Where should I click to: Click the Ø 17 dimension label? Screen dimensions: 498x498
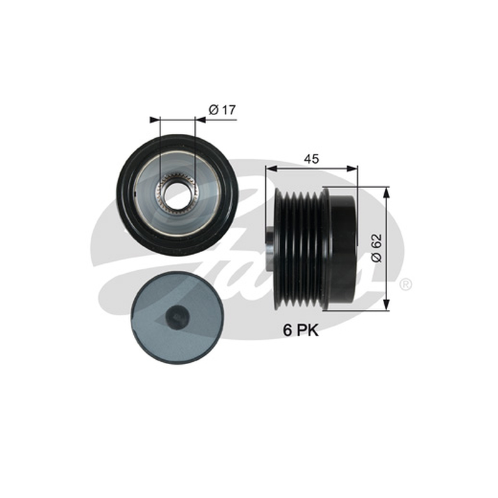coord(222,110)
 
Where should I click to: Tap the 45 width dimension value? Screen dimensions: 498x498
coord(311,159)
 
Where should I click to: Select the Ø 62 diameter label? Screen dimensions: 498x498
coord(377,248)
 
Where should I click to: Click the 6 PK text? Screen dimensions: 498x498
coord(301,331)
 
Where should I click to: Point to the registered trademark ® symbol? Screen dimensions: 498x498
coord(406,284)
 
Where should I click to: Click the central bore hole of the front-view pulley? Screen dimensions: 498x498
coord(177,192)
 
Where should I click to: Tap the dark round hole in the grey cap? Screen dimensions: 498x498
coord(177,317)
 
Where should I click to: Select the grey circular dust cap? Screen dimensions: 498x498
coord(177,317)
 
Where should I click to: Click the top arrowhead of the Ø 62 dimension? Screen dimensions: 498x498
coord(386,192)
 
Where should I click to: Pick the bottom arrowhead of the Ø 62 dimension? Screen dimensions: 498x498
coord(386,305)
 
